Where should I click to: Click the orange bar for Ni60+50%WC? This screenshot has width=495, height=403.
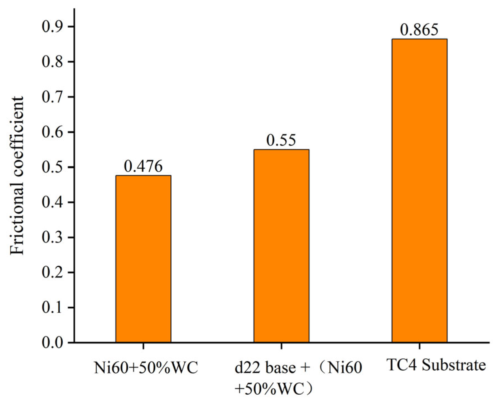pyautogui.click(x=143, y=259)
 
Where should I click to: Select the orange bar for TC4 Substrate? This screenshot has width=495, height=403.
pyautogui.click(x=419, y=190)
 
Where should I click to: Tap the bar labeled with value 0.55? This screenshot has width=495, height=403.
pyautogui.click(x=281, y=246)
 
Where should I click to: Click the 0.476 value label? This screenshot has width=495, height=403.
pyautogui.click(x=143, y=166)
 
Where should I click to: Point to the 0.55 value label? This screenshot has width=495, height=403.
pyautogui.click(x=281, y=140)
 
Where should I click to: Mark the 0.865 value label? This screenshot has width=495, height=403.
pyautogui.click(x=419, y=30)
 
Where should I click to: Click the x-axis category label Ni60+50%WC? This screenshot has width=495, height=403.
pyautogui.click(x=146, y=368)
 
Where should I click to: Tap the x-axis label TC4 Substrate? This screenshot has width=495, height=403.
pyautogui.click(x=436, y=365)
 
